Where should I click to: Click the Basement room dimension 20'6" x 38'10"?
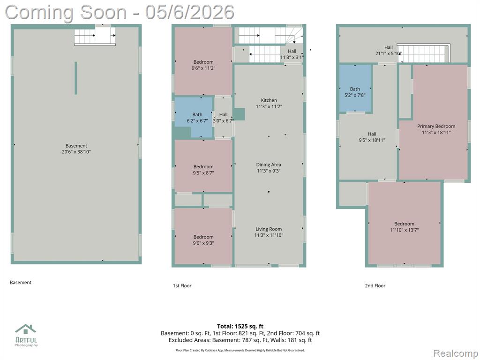point(76,152)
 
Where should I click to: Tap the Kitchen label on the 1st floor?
point(269,100)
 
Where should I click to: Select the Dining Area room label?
point(269,165)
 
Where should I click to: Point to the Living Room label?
point(269,229)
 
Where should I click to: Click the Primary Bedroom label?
point(436,126)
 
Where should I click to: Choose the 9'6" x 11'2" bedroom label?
point(203,65)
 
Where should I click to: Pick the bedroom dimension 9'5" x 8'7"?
point(203,173)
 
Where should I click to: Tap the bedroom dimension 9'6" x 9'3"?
point(203,243)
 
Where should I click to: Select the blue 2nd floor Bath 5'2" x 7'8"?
point(355,88)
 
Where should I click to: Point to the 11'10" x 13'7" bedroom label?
point(404,227)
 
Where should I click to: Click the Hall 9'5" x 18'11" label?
point(372,137)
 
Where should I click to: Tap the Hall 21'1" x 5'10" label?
point(389,51)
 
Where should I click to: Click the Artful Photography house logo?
point(26,330)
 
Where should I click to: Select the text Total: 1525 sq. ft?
point(240,326)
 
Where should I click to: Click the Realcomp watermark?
point(455,353)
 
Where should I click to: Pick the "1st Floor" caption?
point(182,285)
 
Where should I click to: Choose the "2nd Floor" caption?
point(375,285)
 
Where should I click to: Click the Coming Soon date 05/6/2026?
point(190,12)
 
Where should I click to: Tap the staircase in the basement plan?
point(95,37)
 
